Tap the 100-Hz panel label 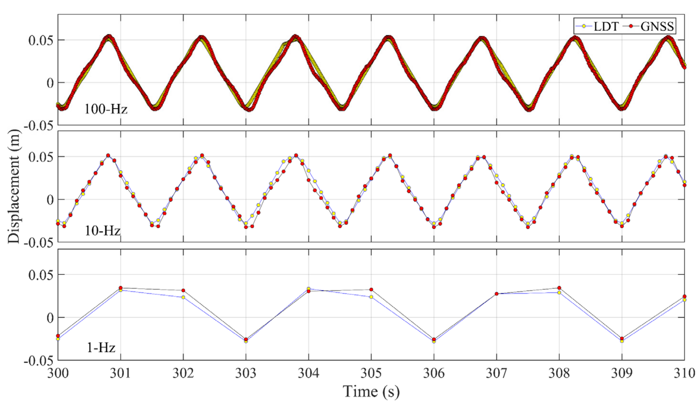click(x=106, y=109)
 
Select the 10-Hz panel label click(x=102, y=231)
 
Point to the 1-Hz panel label click(x=101, y=348)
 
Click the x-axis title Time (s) click(x=371, y=392)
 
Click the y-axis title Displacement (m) click(x=14, y=186)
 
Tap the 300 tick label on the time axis click(x=58, y=373)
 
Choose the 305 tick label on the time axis click(x=371, y=373)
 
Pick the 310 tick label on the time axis click(x=684, y=373)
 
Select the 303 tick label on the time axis click(x=246, y=373)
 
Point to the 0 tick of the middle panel click(x=50, y=200)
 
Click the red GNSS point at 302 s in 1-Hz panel click(x=183, y=291)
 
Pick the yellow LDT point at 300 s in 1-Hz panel click(x=58, y=339)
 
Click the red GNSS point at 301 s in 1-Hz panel click(x=120, y=288)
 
